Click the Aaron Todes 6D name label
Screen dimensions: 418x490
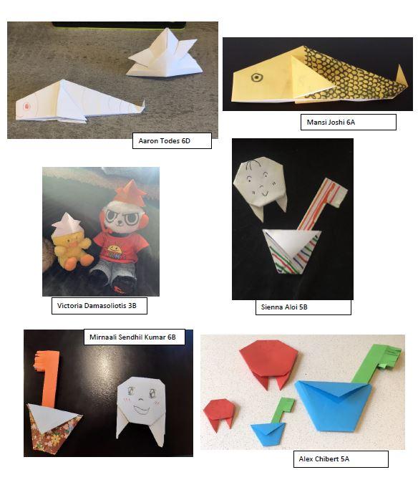coord(172,140)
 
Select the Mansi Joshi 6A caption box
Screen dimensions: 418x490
coord(348,122)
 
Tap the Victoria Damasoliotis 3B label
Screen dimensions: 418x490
coord(99,306)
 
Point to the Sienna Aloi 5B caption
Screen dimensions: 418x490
coord(303,307)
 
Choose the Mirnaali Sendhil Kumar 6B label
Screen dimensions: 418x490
coord(135,337)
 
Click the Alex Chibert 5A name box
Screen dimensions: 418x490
coord(341,459)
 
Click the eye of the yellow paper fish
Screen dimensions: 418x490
coord(257,77)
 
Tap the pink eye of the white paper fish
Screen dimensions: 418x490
coord(26,107)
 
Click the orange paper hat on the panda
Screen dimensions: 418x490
coord(130,191)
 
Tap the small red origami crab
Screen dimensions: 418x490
coord(219,414)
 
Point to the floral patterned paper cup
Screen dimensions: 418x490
coord(54,428)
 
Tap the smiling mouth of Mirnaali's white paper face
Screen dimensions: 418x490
coord(142,408)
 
